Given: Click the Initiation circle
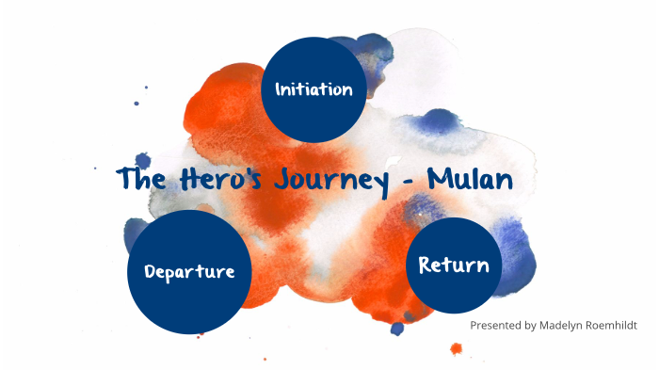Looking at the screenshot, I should pyautogui.click(x=313, y=88).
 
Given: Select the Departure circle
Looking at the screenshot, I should pyautogui.click(x=189, y=271).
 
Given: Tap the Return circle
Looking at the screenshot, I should pyautogui.click(x=454, y=265).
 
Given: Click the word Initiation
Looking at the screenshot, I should pyautogui.click(x=313, y=89).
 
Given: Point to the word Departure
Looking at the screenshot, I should pyautogui.click(x=189, y=272).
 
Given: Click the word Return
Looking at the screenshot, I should pyautogui.click(x=454, y=265).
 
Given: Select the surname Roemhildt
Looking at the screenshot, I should pyautogui.click(x=609, y=325).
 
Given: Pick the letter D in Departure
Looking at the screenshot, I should pyautogui.click(x=151, y=271).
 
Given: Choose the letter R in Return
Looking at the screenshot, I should pyautogui.click(x=425, y=265).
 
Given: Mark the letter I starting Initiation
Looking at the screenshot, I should pyautogui.click(x=278, y=89).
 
